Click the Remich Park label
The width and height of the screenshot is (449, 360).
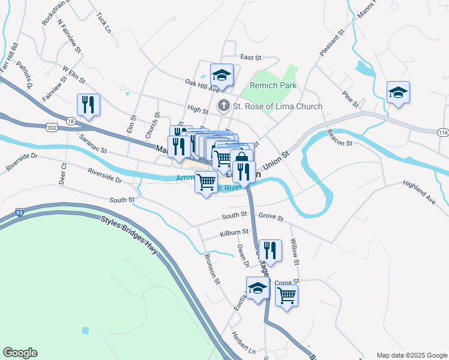point(273,86)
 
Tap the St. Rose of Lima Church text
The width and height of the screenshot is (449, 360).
point(277,106)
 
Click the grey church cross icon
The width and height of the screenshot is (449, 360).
point(223,106)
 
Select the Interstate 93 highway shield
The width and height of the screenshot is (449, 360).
point(20,212)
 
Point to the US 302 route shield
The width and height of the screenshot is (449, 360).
point(51,127)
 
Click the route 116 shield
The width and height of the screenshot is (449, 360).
point(443,131)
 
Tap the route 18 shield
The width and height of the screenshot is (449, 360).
point(71,121)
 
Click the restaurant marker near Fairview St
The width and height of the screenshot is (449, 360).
point(89,106)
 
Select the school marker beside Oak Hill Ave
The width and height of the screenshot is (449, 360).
point(221,75)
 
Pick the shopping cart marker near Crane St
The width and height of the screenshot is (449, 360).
point(287,295)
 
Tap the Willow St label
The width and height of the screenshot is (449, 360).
point(294,247)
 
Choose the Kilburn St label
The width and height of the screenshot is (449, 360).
point(234,232)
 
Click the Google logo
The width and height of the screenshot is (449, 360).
point(20,353)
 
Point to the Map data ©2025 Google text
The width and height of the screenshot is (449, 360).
point(411,355)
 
